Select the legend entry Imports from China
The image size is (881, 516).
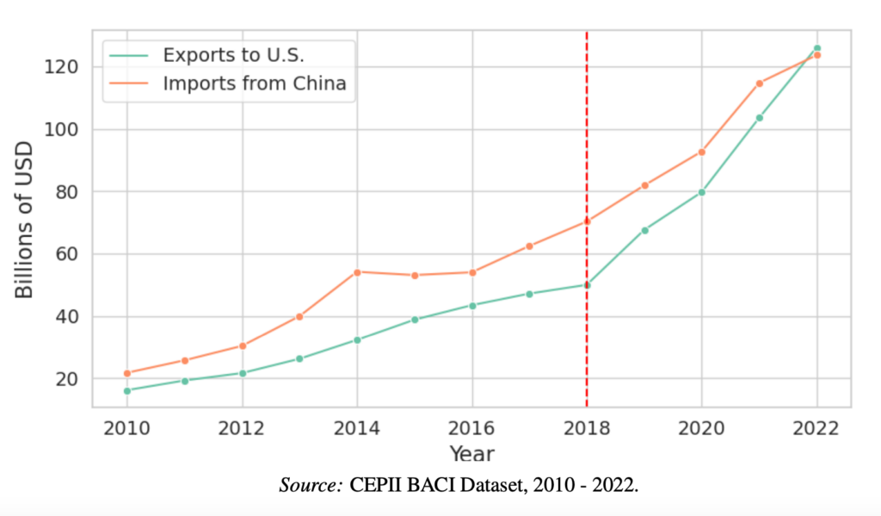click(254, 84)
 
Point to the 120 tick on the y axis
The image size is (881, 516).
click(64, 67)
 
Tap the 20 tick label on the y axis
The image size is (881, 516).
click(69, 379)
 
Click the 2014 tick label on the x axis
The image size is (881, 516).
click(357, 428)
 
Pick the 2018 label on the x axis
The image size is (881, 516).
click(587, 428)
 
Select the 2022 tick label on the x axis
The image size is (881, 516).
click(816, 428)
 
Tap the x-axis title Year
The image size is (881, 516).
click(471, 452)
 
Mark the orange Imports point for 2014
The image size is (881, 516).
click(357, 272)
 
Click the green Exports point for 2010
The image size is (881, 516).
click(127, 391)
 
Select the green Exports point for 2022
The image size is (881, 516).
click(817, 48)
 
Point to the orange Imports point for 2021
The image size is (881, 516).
click(760, 84)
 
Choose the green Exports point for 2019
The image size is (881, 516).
click(644, 230)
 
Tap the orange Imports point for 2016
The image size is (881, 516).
click(472, 272)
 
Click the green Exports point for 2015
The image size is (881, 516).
click(415, 320)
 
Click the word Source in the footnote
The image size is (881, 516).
click(311, 485)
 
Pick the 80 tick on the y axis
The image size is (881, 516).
click(69, 192)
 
